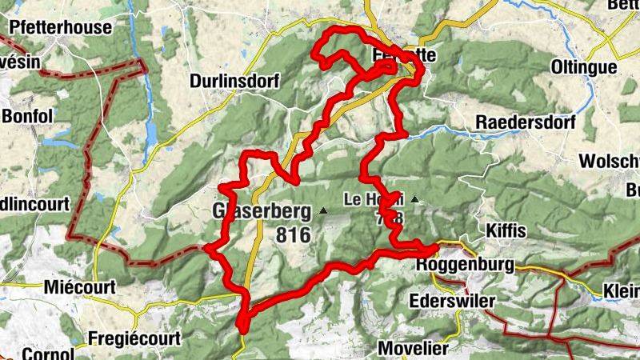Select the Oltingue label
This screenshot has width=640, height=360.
coord(584,67)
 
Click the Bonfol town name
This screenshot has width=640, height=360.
coord(26,116)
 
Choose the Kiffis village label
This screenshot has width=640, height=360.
coord(506,231)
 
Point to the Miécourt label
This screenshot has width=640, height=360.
coord(81,286)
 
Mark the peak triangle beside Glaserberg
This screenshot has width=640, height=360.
coord(323,210)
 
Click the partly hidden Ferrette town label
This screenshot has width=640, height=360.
coord(405,56)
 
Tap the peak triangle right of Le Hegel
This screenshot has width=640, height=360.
coord(414,198)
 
